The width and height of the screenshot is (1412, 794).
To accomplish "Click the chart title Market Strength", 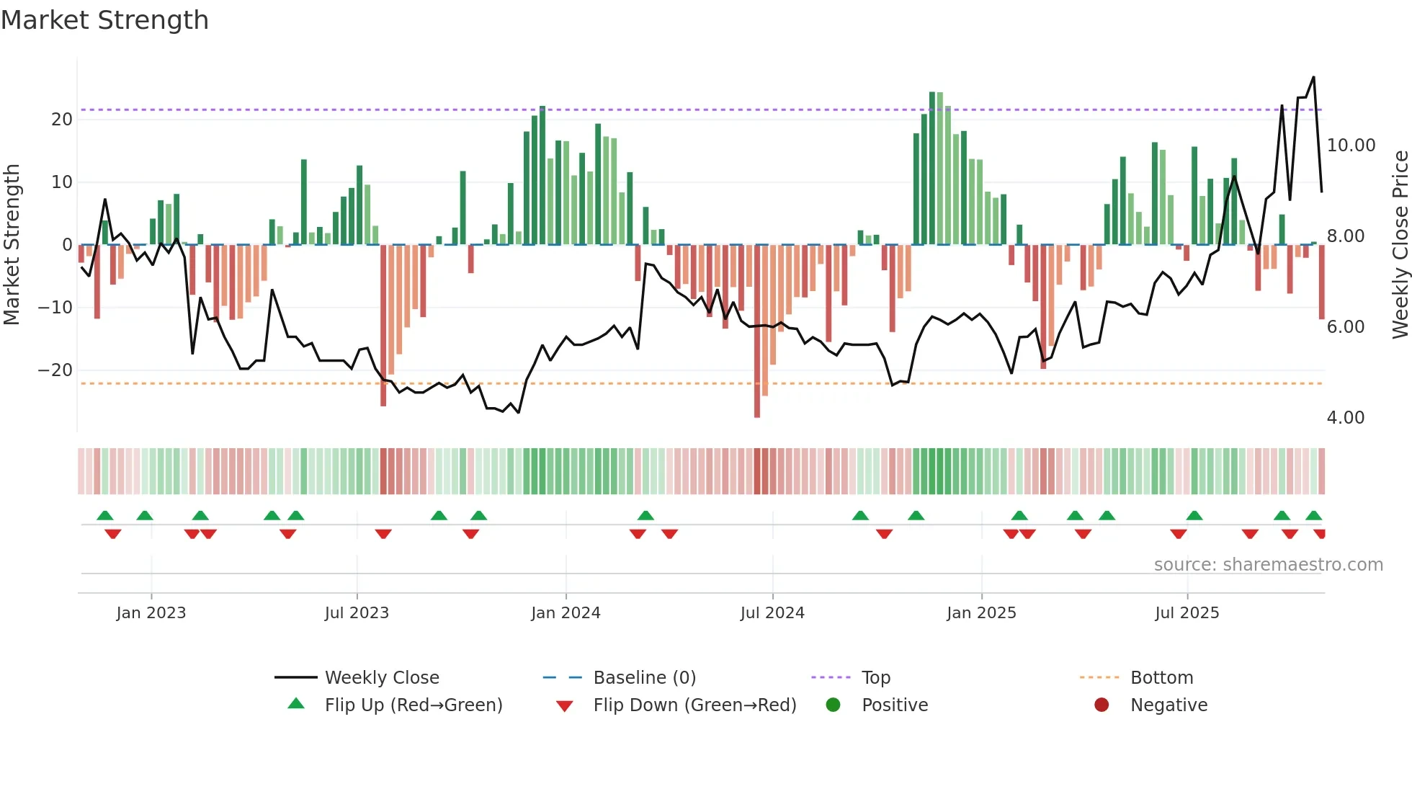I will pos(105,20).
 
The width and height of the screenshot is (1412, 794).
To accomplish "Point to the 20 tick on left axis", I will pos(62,120).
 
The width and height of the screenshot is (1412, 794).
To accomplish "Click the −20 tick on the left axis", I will pos(55,370).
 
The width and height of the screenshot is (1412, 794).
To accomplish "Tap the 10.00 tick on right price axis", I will pos(1351,146).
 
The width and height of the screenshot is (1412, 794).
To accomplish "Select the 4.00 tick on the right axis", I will pos(1345,418).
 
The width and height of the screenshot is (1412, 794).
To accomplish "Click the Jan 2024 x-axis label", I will pos(566,613).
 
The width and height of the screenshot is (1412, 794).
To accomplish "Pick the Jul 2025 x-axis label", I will pos(1187,613).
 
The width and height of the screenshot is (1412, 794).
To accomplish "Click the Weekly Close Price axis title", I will pos(1400,245).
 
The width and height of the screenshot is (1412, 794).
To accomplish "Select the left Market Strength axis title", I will pos(12,245).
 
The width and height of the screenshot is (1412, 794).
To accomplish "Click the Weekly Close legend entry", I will pos(381,678).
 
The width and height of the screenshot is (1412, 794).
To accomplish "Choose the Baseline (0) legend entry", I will pos(644,678).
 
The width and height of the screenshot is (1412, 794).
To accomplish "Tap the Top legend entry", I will pos(875,678).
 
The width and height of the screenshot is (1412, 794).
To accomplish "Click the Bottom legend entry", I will pos(1161,678).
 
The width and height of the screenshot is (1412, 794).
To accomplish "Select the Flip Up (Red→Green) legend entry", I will pos(413,705).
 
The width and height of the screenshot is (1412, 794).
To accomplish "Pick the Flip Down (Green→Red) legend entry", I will pos(694,705).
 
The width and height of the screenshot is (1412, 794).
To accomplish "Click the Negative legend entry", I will pos(1168,705).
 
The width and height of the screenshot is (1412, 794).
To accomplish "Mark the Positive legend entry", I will pos(894,705).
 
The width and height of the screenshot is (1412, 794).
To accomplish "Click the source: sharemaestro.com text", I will pos(1268,565).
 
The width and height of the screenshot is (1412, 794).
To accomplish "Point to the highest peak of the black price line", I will pos(1313,77).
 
